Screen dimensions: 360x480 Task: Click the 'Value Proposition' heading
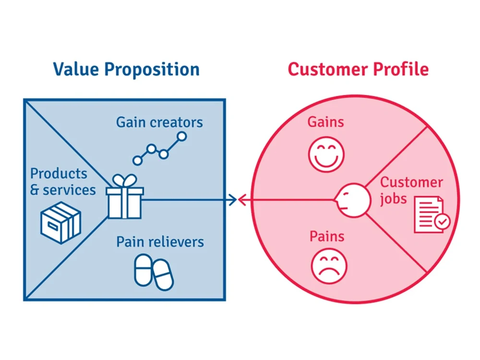click(x=126, y=69)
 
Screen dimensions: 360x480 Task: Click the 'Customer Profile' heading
click(x=358, y=69)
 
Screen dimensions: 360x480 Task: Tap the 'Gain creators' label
click(x=159, y=122)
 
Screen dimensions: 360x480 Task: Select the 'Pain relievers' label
click(x=160, y=241)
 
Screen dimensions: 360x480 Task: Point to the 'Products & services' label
click(x=62, y=181)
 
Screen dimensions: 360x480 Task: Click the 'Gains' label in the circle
click(x=326, y=122)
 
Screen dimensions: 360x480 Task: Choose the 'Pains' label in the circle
click(x=327, y=236)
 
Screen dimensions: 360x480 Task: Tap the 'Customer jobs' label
click(x=411, y=190)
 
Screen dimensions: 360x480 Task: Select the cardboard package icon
click(x=60, y=222)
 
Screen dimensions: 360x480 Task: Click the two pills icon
click(x=153, y=272)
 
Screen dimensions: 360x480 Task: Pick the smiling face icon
click(x=326, y=154)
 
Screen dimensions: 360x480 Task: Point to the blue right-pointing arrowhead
click(x=233, y=200)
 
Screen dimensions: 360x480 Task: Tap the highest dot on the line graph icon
click(x=181, y=136)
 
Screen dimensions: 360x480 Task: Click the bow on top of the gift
click(x=124, y=181)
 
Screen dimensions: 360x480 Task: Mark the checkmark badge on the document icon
click(x=442, y=221)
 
